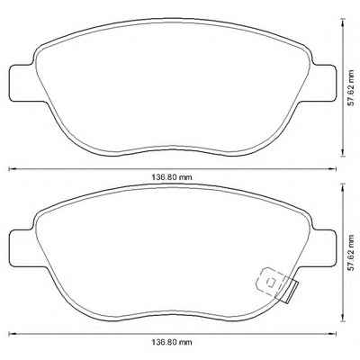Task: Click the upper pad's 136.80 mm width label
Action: click(171, 177)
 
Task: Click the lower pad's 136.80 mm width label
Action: click(171, 342)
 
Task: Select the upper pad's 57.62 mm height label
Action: click(351, 88)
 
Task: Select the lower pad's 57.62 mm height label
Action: click(351, 253)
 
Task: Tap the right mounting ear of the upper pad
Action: click(324, 83)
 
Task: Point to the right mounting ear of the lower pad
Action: click(324, 248)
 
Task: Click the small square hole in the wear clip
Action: click(272, 283)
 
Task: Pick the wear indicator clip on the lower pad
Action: click(276, 284)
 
